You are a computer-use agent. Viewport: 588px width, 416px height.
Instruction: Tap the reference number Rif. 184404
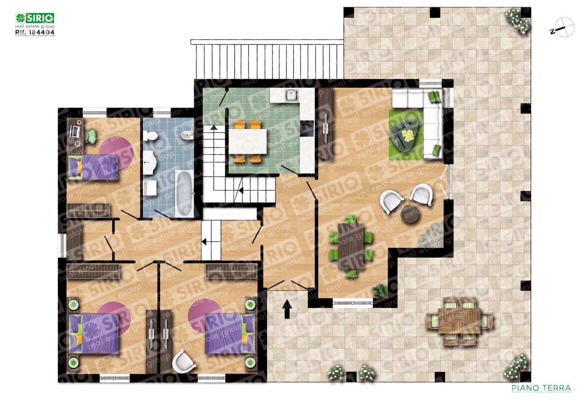point(35,32)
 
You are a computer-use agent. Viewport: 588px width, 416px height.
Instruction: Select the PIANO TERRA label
point(541,388)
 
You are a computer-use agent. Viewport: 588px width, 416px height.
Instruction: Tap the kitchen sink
point(292,95)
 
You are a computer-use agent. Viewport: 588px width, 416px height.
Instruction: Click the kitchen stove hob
point(307,128)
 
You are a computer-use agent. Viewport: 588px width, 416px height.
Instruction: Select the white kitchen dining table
point(248,141)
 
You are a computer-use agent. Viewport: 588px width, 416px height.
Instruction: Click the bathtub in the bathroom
point(184,193)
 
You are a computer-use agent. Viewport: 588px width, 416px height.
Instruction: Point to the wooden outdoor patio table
point(459,321)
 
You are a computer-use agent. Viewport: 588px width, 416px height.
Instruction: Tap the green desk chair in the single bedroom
point(90,136)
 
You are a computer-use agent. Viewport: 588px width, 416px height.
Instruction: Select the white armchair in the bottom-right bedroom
point(184,360)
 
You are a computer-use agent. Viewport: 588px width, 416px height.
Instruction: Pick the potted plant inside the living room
point(380,291)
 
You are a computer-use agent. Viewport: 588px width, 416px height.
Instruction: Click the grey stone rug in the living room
point(431,235)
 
